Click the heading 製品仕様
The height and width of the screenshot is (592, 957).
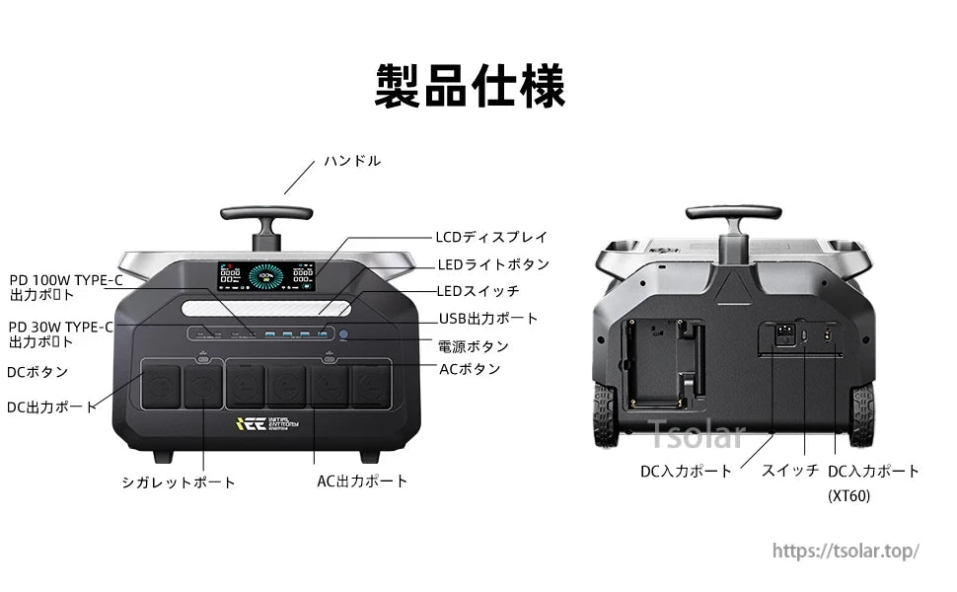coord(470,87)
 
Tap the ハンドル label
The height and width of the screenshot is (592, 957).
coord(352,161)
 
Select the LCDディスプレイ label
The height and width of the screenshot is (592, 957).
coord(490,237)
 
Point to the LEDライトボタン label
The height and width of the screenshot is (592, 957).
coord(493,264)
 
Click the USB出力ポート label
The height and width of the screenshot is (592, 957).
coord(488,319)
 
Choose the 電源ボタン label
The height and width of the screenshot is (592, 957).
coord(474,346)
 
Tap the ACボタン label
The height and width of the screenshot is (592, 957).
coord(470,369)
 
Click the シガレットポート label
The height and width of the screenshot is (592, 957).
coord(179,482)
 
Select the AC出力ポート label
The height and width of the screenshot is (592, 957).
coord(362,481)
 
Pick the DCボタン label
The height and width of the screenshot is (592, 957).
coord(38,372)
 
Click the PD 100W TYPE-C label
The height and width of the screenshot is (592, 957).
coord(67,279)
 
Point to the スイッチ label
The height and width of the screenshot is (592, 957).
coord(789,471)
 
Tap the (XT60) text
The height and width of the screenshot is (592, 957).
coord(848,496)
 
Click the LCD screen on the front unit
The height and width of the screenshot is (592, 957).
coord(266,275)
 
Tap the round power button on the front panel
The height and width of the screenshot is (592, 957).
coord(344,336)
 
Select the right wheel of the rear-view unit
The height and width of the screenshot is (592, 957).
coord(862,415)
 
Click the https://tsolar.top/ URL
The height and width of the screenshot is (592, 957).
coord(845,551)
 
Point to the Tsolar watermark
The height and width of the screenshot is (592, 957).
coord(696,433)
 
